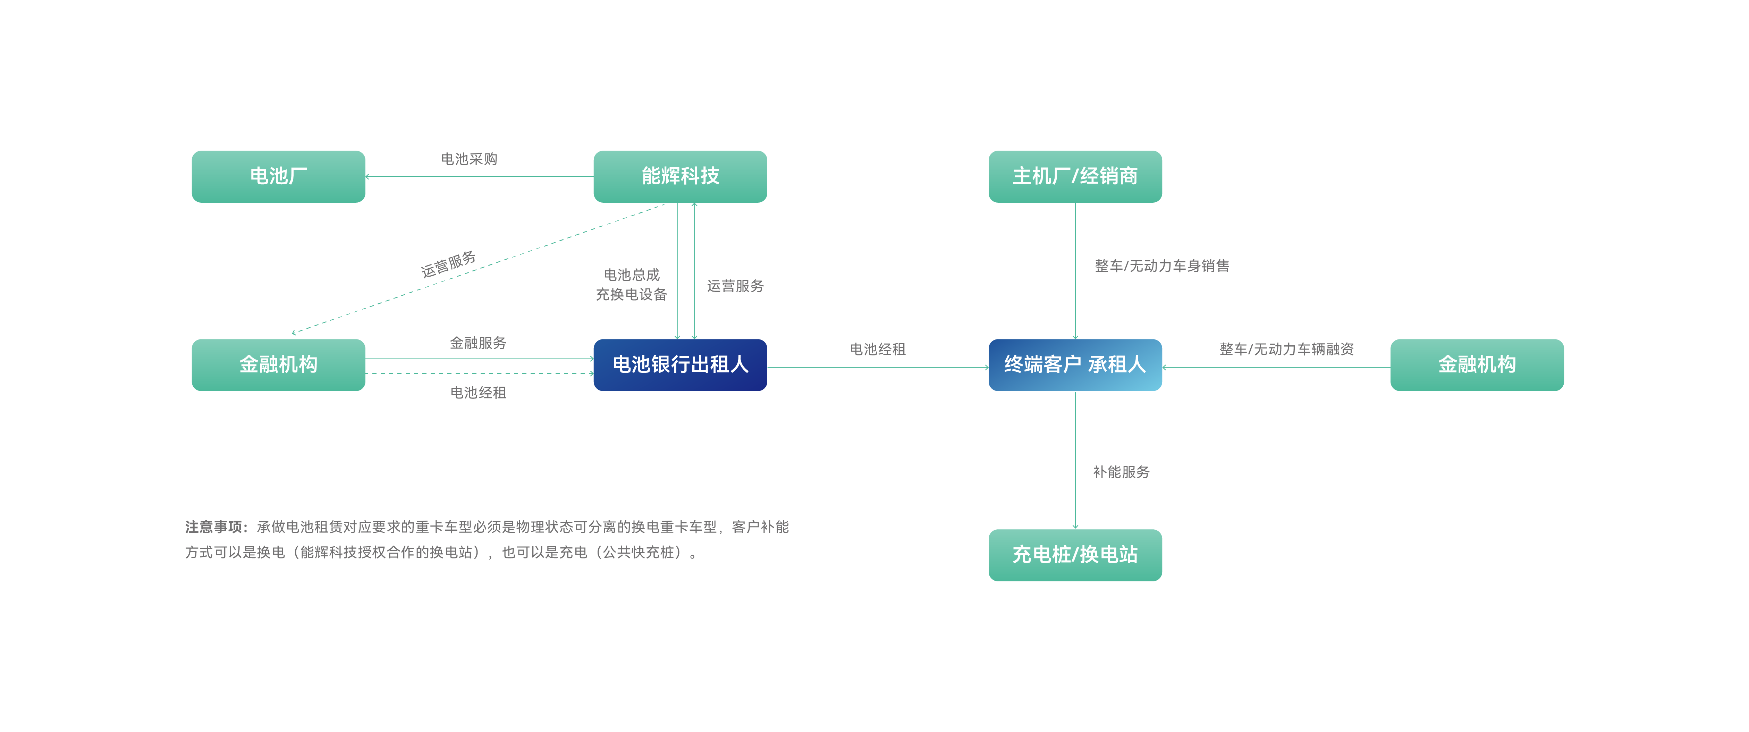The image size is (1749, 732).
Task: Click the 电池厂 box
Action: click(x=278, y=177)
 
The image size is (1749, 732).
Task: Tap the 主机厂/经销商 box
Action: click(x=1075, y=177)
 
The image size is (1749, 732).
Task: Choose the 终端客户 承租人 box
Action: click(x=1075, y=365)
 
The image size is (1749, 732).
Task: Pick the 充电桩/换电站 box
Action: click(x=1075, y=555)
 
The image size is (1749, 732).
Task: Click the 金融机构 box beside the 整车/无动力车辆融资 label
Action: click(x=1477, y=365)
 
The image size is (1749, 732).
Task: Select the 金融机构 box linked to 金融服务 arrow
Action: click(x=278, y=365)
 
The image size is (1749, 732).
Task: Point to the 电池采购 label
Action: click(x=469, y=159)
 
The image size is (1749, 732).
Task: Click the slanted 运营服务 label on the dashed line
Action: click(x=448, y=264)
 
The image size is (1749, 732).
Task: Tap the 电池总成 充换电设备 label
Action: click(x=632, y=285)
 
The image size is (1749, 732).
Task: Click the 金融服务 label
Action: click(x=478, y=343)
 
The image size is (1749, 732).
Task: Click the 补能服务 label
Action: click(x=1121, y=472)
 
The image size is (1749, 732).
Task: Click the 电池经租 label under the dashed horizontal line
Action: click(x=478, y=393)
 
